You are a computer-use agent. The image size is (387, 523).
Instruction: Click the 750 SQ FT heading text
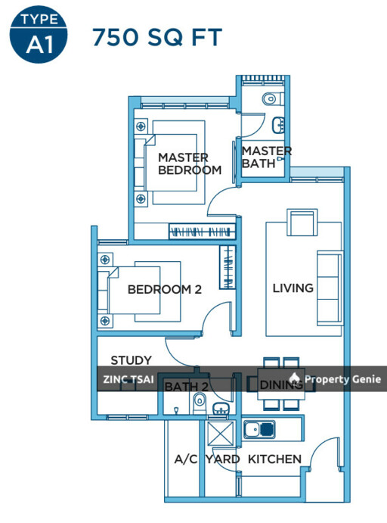point(156,36)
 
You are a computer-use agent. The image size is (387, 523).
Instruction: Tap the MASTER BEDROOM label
point(189,163)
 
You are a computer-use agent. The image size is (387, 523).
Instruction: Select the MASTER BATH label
point(266,157)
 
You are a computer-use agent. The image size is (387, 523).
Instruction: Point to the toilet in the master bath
point(271,98)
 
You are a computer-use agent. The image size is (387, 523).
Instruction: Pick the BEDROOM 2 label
point(164,289)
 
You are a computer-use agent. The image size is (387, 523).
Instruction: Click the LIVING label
point(293,288)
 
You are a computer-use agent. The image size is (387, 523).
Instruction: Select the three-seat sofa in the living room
point(329,286)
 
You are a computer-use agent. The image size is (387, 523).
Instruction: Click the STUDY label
point(131,360)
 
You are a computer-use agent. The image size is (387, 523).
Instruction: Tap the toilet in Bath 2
point(200,402)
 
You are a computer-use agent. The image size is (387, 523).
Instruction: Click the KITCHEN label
point(275,459)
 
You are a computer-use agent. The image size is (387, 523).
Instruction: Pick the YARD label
point(223,459)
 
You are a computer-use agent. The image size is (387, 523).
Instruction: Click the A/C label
point(185,459)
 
